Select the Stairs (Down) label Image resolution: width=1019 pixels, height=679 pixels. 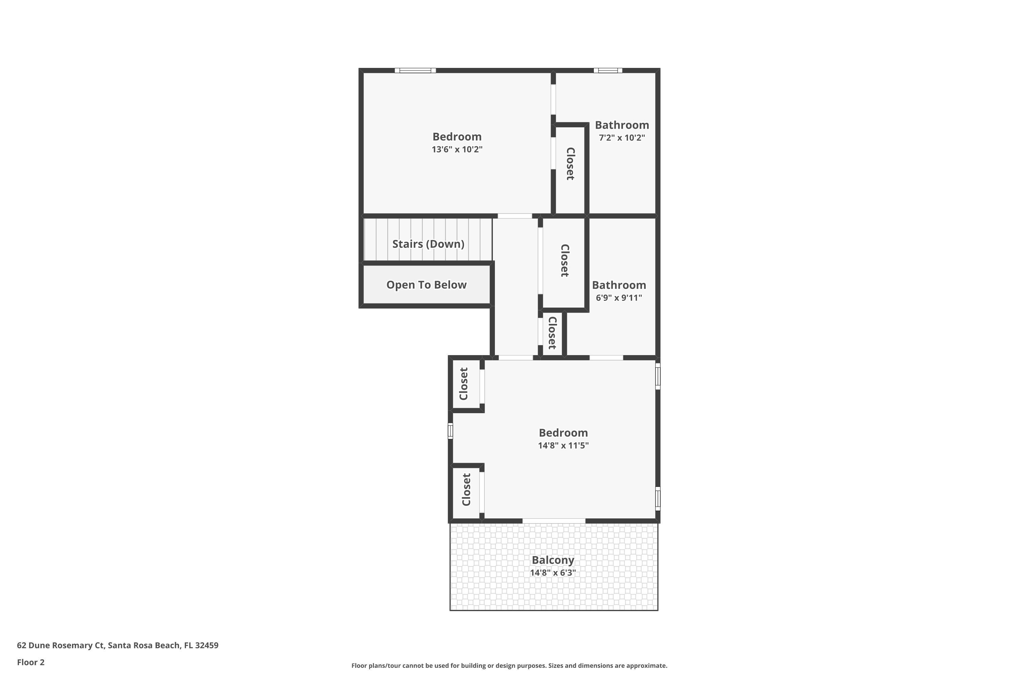pyautogui.click(x=428, y=244)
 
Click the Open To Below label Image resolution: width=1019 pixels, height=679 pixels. pyautogui.click(x=426, y=285)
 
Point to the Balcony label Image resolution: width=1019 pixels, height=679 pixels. pyautogui.click(x=553, y=560)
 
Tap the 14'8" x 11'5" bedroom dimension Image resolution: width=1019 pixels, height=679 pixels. pyautogui.click(x=563, y=445)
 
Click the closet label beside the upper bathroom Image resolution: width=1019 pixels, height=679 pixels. pyautogui.click(x=570, y=164)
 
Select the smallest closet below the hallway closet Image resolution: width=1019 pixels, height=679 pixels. pyautogui.click(x=552, y=333)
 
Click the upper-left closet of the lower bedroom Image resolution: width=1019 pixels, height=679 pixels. pyautogui.click(x=464, y=384)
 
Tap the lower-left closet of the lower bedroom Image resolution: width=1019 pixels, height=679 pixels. pyautogui.click(x=466, y=490)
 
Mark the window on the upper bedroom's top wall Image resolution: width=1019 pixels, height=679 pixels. pyautogui.click(x=415, y=70)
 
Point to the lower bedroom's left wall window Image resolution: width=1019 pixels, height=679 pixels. pyautogui.click(x=450, y=431)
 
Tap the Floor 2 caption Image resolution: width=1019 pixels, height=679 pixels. pyautogui.click(x=31, y=662)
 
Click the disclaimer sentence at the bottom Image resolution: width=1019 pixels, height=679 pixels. pyautogui.click(x=509, y=665)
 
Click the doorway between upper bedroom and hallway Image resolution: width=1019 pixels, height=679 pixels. pyautogui.click(x=515, y=216)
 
